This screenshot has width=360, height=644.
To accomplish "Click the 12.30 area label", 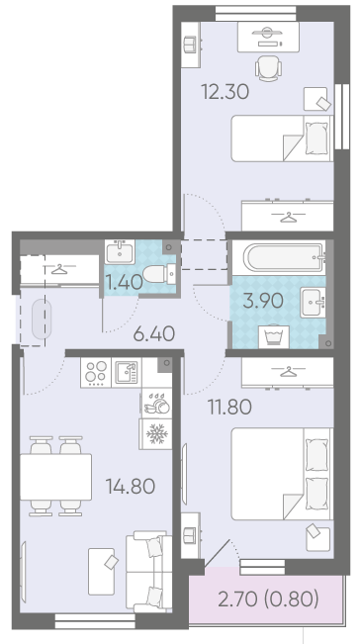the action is pyautogui.click(x=225, y=92).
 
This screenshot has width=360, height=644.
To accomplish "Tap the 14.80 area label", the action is pyautogui.click(x=131, y=487).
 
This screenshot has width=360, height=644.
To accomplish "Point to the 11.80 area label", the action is pyautogui.click(x=229, y=408).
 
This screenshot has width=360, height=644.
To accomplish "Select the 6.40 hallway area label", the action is pyautogui.click(x=154, y=334).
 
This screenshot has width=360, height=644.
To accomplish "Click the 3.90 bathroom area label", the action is pyautogui.click(x=263, y=301).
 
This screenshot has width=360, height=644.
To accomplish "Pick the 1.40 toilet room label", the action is pyautogui.click(x=124, y=282).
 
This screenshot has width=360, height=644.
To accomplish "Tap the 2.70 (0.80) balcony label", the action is pyautogui.click(x=268, y=600).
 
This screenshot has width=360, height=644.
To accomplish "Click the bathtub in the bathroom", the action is pyautogui.click(x=284, y=257).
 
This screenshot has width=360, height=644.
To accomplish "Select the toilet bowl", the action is pyautogui.click(x=159, y=274).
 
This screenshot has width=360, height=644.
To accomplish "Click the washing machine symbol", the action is pyautogui.click(x=274, y=336).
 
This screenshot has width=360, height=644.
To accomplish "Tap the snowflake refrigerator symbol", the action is pyautogui.click(x=157, y=433).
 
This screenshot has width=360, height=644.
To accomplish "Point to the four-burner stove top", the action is pyautogui.click(x=96, y=373).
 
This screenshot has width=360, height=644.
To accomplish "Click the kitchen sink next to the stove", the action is pyautogui.click(x=127, y=372).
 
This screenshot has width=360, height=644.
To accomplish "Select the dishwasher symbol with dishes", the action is pyautogui.click(x=157, y=404).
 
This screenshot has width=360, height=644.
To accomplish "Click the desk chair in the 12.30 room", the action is pyautogui.click(x=268, y=68).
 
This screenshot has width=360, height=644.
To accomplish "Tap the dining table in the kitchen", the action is pyautogui.click(x=55, y=477).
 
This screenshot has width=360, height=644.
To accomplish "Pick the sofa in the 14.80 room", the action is pyautogui.click(x=148, y=571).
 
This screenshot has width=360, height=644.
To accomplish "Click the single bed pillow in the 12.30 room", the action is pyautogui.click(x=316, y=138).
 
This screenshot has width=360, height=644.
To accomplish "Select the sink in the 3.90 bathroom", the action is pyautogui.click(x=313, y=303).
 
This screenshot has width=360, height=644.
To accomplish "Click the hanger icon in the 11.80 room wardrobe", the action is pyautogui.click(x=288, y=372).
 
